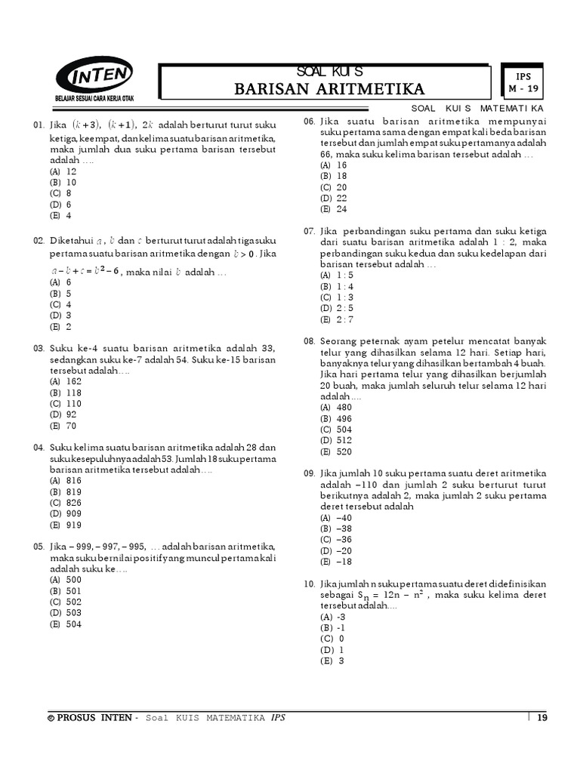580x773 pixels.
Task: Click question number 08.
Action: (309, 341)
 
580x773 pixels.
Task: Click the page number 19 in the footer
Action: (541, 718)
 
